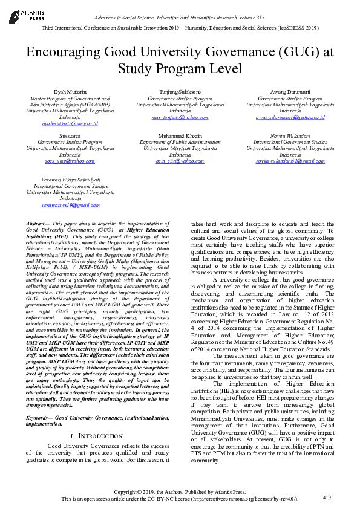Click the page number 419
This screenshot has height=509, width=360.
(x=327, y=498)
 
